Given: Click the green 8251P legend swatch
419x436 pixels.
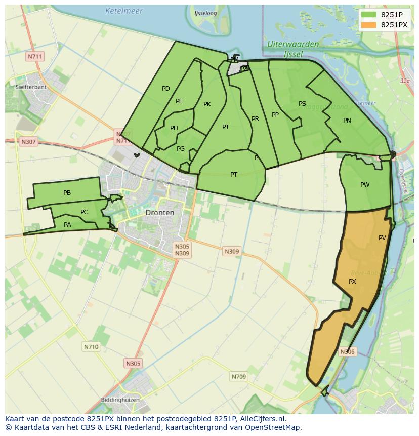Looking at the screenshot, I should coord(369,14).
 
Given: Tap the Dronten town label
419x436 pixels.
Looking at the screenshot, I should coord(159,213).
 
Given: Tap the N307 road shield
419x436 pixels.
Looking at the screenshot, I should coord(28,142).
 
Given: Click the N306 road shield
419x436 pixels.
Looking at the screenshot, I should coord(347,352).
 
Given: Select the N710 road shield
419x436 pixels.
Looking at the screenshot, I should coord(91,347).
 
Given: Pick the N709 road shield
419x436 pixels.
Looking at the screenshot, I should coord(238,376).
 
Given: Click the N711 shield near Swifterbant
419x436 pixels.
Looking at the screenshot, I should coord(35,56).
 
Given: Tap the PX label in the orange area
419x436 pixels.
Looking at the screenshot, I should coord(352,281).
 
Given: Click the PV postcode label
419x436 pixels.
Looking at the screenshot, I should coord(382,237).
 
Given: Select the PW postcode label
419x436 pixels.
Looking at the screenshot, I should coord(365,185).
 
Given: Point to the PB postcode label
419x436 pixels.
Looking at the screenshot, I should coord(67,193).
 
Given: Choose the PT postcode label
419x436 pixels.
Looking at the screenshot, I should coord(234,175).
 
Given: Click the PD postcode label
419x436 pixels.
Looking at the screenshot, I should coord(165,89).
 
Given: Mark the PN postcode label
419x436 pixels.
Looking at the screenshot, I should coord(347,121).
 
